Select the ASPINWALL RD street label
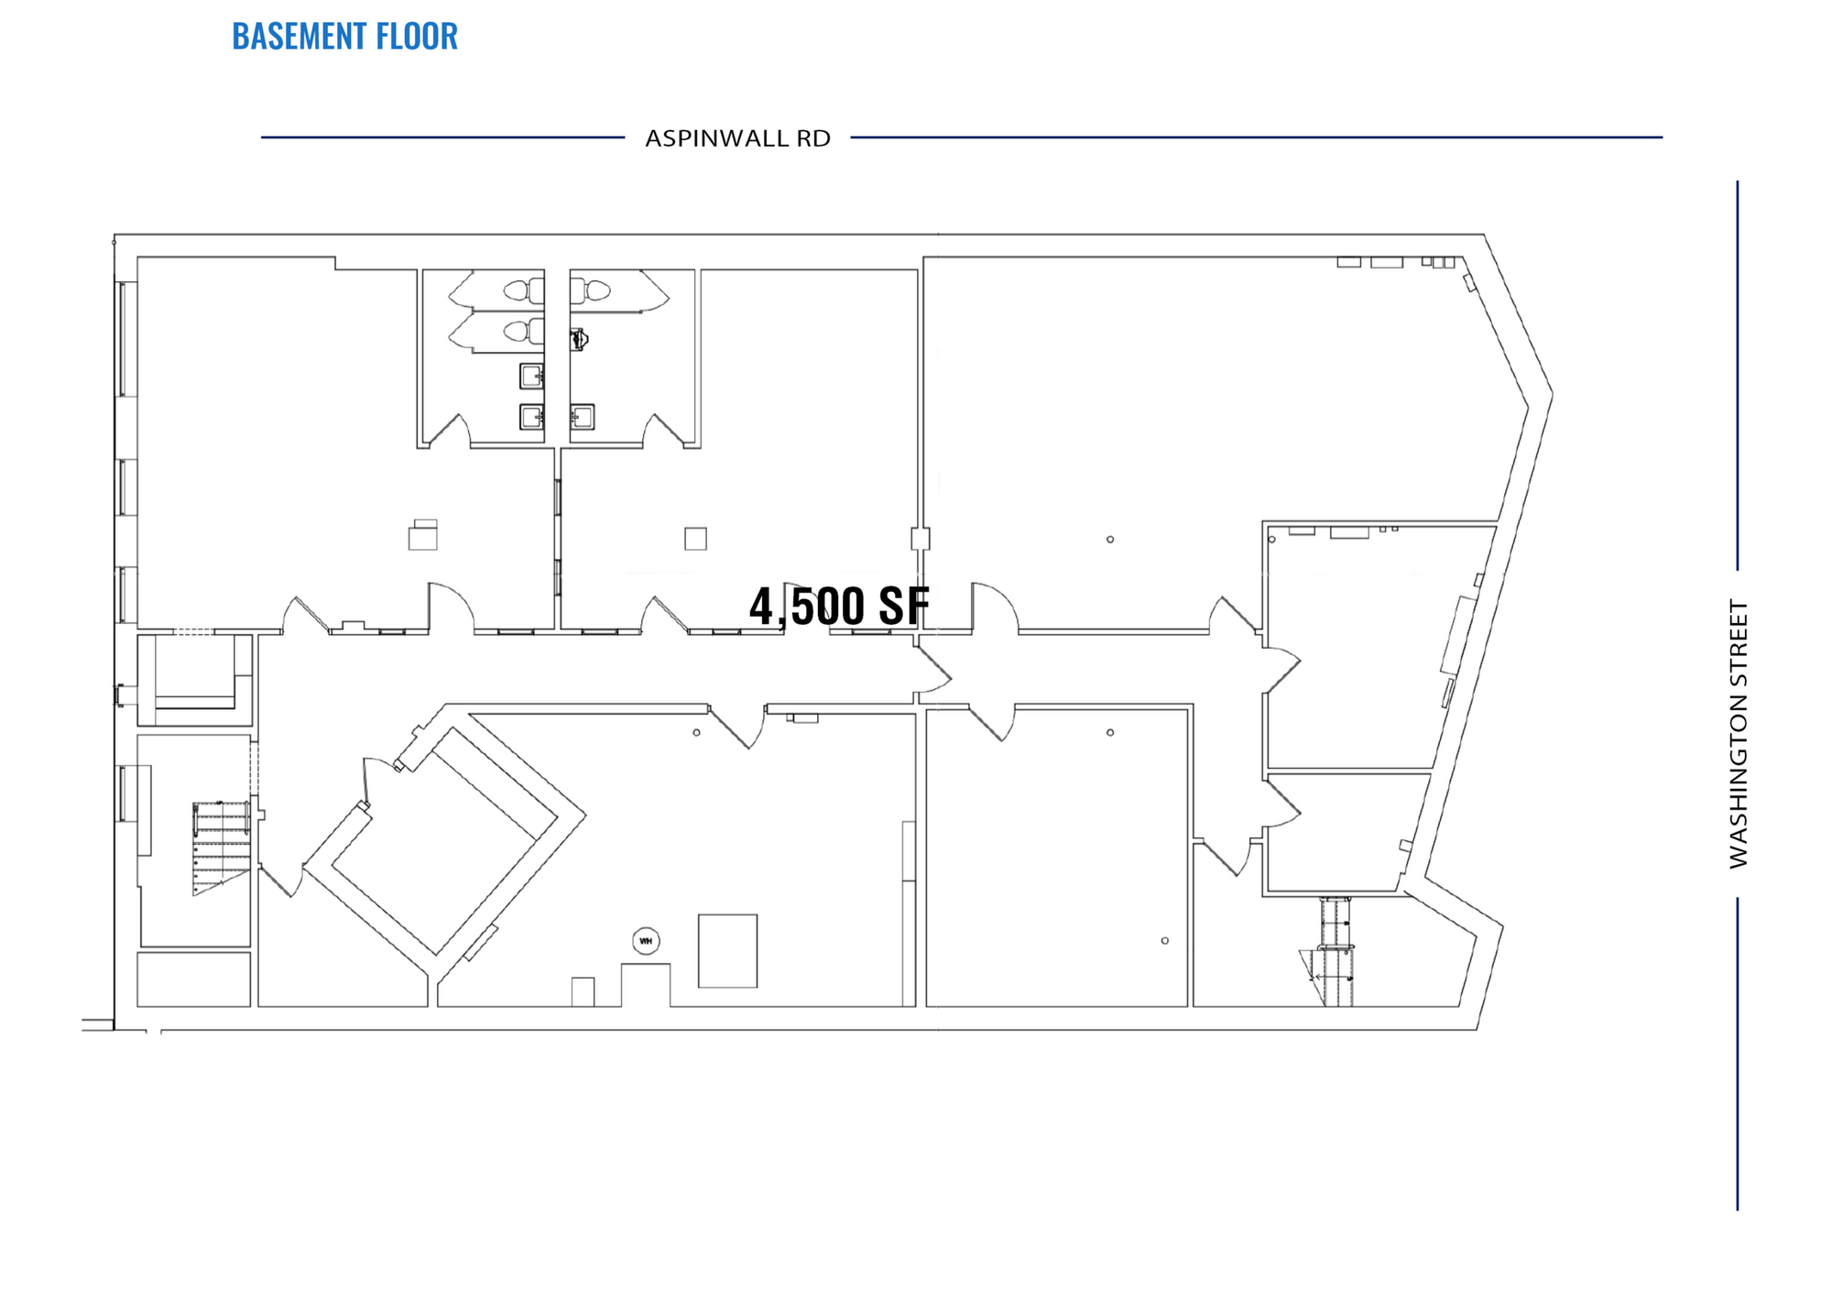737,138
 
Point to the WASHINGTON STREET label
1738,733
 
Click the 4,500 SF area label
839,606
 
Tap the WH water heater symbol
646,941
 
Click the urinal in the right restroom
578,340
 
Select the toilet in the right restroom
591,290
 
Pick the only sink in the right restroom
582,417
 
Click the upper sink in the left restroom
532,376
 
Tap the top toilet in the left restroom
523,290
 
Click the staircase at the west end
221,848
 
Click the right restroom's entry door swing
663,431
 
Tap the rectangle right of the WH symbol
728,951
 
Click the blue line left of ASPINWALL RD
442,137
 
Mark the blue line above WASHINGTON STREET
1738,376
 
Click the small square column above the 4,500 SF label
921,539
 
